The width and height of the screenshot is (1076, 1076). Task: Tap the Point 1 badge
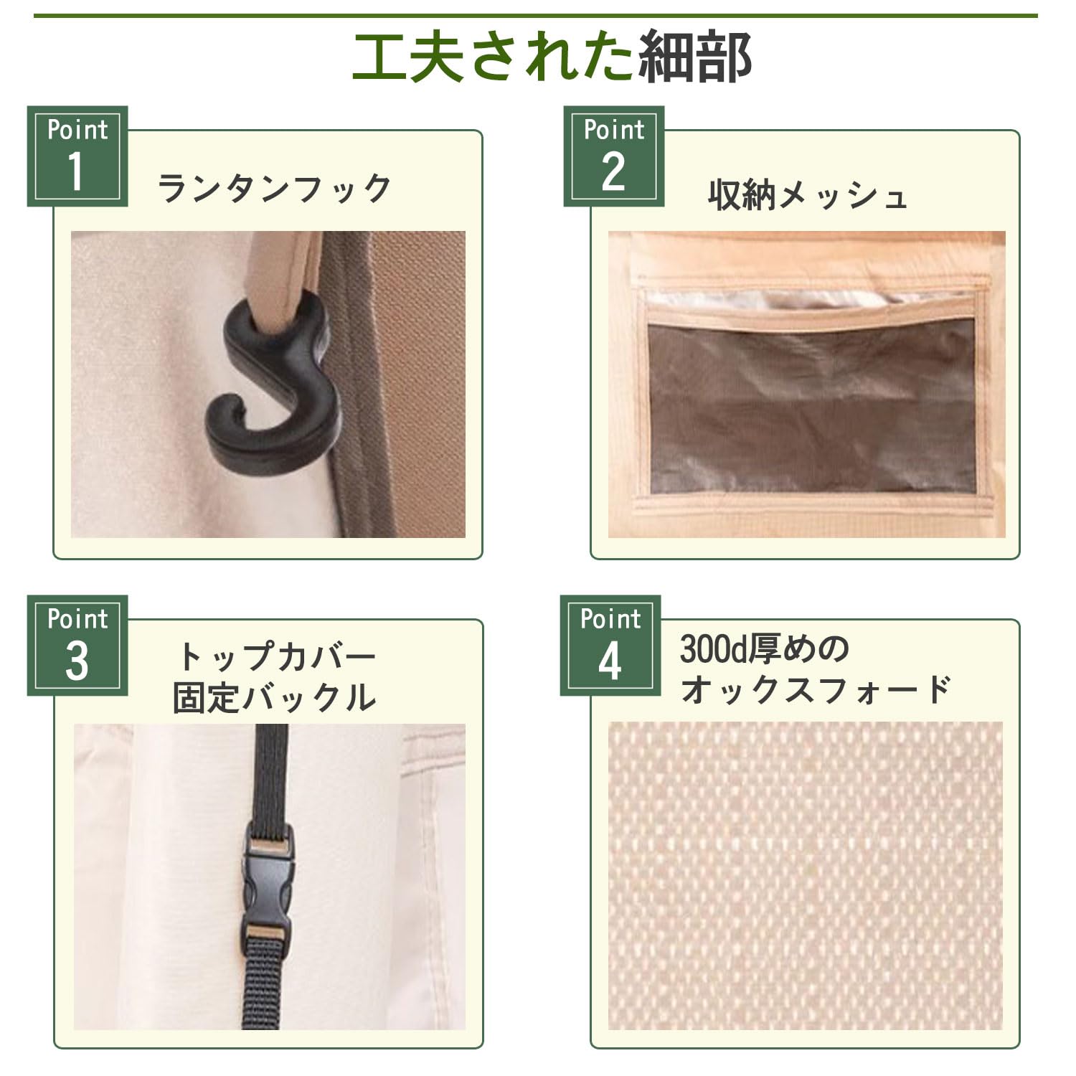pyautogui.click(x=77, y=156)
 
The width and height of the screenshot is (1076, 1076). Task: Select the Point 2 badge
pyautogui.click(x=613, y=156)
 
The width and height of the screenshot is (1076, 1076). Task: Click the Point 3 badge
pyautogui.click(x=77, y=645)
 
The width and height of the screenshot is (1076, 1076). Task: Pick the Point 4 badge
pyautogui.click(x=610, y=645)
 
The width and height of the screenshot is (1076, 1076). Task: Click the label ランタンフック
pyautogui.click(x=274, y=189)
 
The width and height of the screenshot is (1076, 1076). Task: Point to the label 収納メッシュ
pyautogui.click(x=808, y=194)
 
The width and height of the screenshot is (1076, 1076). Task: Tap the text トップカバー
pyautogui.click(x=276, y=656)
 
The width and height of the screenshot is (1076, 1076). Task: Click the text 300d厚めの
pyautogui.click(x=765, y=649)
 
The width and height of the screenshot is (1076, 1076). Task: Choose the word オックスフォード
pyautogui.click(x=815, y=689)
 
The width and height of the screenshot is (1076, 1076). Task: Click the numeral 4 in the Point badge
pyautogui.click(x=610, y=661)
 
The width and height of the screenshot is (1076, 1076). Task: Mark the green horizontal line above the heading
pyautogui.click(x=535, y=15)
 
